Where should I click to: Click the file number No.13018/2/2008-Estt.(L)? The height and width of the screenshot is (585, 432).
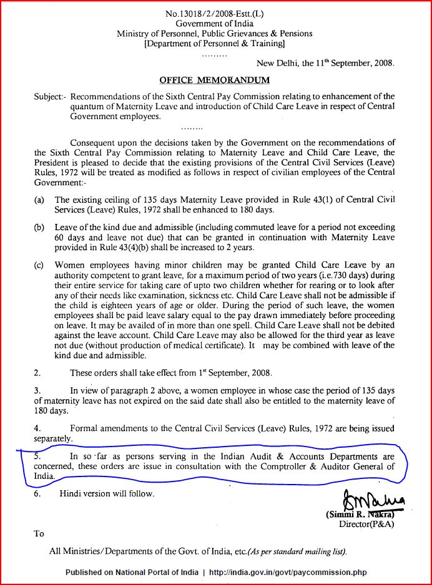click(214, 13)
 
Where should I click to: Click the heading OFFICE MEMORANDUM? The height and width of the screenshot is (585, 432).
click(214, 80)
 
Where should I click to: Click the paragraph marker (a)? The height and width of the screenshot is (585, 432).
click(39, 200)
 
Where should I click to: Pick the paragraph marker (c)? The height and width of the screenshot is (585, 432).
click(39, 265)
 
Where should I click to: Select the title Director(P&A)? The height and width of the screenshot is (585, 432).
click(366, 525)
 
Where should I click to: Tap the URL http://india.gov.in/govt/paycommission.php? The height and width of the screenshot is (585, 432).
click(288, 573)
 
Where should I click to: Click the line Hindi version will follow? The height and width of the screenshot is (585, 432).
click(106, 493)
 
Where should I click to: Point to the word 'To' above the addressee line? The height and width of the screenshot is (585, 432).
click(39, 533)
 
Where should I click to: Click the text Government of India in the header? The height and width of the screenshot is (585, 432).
click(214, 23)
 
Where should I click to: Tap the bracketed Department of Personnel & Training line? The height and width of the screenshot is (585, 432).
click(214, 44)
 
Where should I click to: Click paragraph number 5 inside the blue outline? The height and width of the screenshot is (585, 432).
click(37, 457)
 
